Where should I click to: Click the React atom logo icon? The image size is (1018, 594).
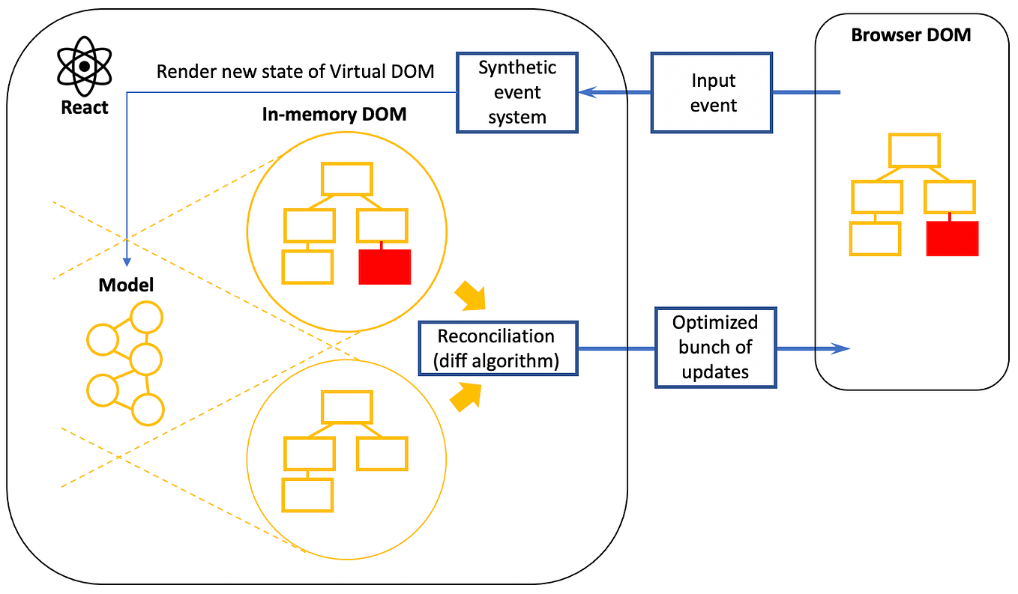click(x=85, y=67)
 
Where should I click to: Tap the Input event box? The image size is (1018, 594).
click(x=712, y=93)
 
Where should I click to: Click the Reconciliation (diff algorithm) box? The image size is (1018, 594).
click(x=497, y=349)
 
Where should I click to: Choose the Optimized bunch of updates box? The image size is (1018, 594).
click(x=715, y=347)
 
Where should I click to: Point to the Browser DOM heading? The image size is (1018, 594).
click(x=911, y=35)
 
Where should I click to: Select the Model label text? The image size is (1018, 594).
click(x=126, y=285)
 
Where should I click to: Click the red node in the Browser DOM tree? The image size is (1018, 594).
click(x=952, y=239)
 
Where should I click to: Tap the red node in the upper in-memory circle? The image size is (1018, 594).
click(x=385, y=267)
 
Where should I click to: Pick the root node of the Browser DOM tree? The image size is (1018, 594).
click(x=914, y=151)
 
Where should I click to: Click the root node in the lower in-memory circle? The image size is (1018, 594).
click(x=346, y=407)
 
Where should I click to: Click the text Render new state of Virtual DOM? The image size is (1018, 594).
click(x=295, y=73)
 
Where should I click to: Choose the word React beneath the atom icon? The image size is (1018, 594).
click(x=85, y=107)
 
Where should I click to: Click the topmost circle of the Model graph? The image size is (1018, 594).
click(x=147, y=318)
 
